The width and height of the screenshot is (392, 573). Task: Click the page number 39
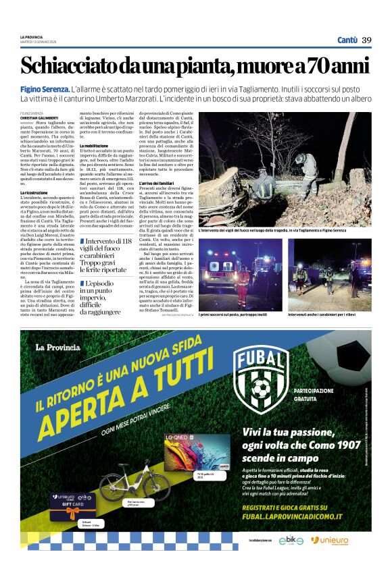[366, 40]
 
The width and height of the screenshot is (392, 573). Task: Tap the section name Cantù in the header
[347, 40]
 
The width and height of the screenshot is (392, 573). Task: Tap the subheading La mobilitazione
[95, 146]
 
